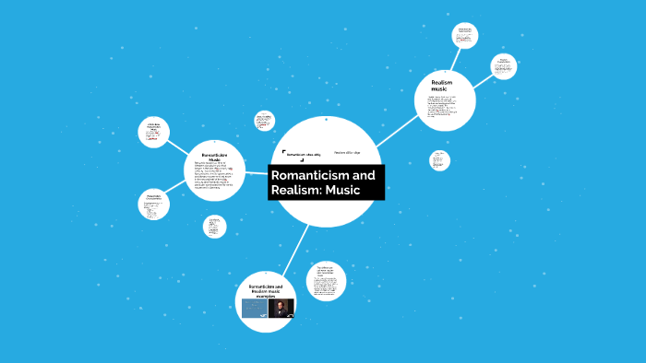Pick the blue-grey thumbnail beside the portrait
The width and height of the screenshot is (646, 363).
tap(255, 308)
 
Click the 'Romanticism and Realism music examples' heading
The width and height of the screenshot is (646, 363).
tap(268, 291)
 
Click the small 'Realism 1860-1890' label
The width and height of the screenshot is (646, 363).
tap(347, 152)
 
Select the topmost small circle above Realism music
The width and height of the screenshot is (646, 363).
tap(465, 36)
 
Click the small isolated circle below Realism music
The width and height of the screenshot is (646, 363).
tap(440, 160)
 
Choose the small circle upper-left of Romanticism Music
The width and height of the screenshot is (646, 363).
tap(154, 132)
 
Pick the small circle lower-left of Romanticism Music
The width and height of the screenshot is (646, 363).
tap(152, 205)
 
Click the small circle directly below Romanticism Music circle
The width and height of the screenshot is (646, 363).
tap(214, 227)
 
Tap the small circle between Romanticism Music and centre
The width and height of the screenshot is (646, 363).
tap(265, 121)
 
